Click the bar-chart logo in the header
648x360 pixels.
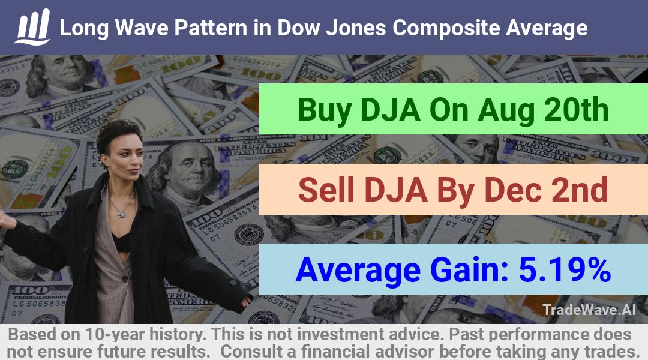pyautogui.click(x=32, y=27)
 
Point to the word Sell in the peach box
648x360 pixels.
pyautogui.click(x=326, y=190)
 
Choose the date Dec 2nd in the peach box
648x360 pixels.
pyautogui.click(x=546, y=190)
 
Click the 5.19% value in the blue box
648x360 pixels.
pyautogui.click(x=565, y=269)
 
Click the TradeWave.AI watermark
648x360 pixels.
pyautogui.click(x=589, y=310)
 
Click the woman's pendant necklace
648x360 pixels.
pyautogui.click(x=121, y=214)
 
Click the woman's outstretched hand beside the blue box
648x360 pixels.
pyautogui.click(x=247, y=301)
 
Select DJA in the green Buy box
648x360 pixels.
pyautogui.click(x=391, y=110)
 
